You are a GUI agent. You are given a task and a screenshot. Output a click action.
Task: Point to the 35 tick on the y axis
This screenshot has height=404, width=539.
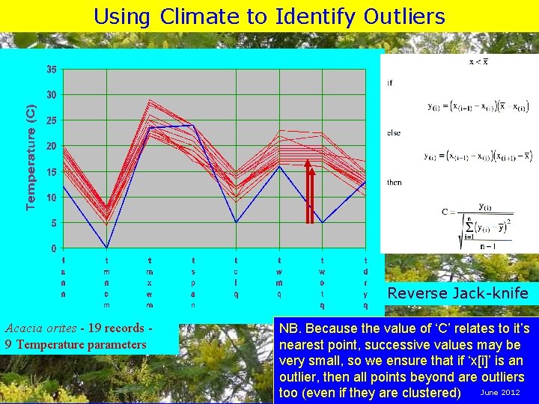51,70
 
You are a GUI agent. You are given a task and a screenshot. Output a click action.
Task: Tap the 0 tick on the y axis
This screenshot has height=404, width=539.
53,248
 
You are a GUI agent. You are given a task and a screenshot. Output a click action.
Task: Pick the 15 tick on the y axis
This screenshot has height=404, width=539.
51,172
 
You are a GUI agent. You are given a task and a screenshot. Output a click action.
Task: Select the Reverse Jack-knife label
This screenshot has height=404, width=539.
457,293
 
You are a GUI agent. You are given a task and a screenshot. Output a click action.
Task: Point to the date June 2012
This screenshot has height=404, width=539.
499,392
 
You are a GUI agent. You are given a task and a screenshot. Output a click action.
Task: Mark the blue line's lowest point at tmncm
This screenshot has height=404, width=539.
107,248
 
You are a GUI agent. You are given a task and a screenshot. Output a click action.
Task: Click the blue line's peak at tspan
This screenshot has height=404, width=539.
193,126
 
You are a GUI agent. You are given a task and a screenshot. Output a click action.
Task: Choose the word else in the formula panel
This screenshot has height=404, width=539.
393,132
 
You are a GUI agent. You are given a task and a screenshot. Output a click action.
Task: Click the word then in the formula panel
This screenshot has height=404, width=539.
394,182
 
